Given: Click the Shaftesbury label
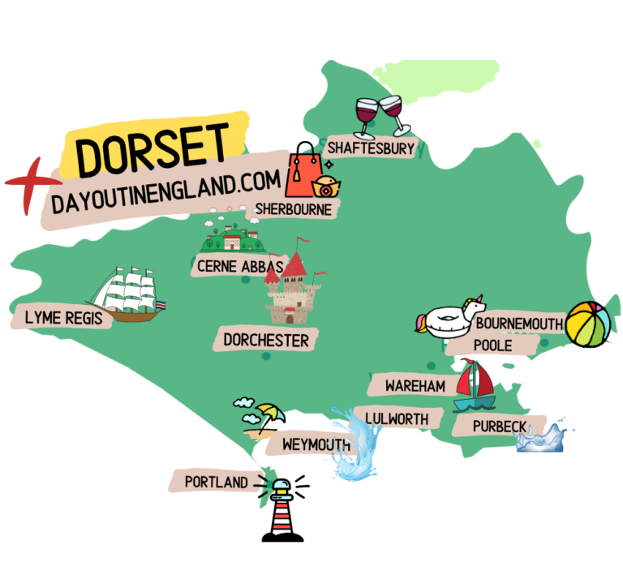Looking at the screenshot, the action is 370,148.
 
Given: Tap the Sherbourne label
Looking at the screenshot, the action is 294,209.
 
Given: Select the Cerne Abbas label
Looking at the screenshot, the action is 240,265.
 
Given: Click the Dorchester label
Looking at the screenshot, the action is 266,340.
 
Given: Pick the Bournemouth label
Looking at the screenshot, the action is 519,324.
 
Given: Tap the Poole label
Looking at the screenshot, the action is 492,345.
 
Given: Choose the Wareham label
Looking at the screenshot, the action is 415,385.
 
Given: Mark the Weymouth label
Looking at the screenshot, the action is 316,445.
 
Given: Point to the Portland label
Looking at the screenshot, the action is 216,483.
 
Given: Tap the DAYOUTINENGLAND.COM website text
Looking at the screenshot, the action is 165,192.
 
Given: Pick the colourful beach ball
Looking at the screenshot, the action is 589,323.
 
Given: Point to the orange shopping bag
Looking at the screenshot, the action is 300,175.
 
